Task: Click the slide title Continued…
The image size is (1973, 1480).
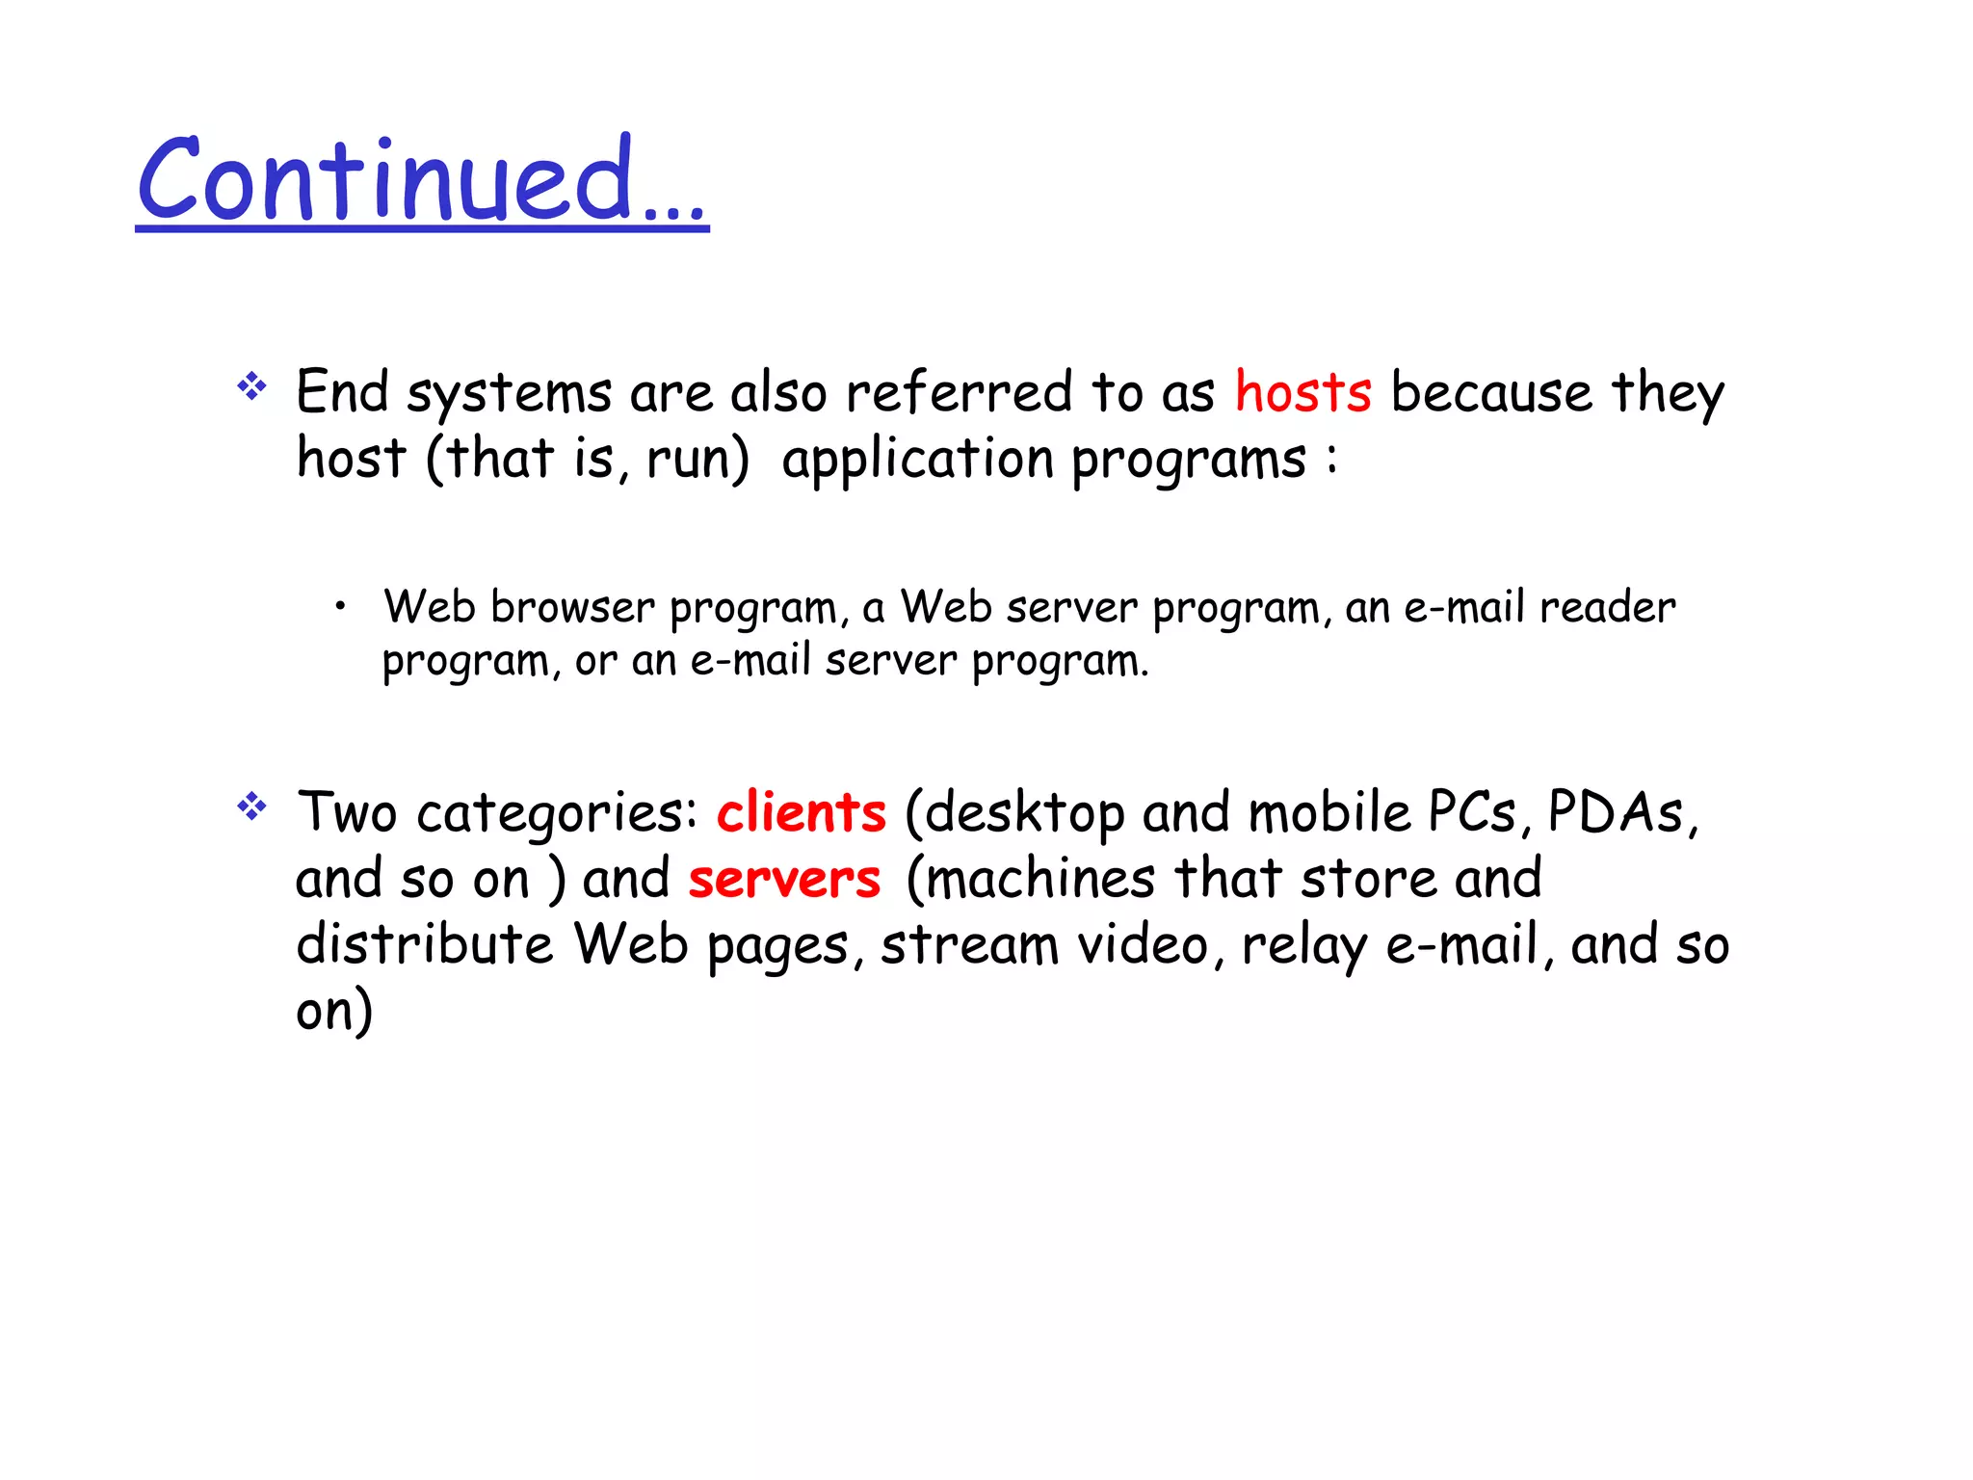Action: pos(422,180)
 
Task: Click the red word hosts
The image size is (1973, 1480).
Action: pos(1302,393)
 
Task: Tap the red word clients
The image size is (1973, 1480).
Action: pos(801,812)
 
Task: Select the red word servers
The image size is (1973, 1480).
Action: pos(784,879)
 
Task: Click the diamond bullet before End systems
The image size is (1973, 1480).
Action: pos(251,386)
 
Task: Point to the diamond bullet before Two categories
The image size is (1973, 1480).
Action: pos(251,806)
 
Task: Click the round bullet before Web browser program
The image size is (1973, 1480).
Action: pos(340,607)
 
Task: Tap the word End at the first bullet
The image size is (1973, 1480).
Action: pos(342,393)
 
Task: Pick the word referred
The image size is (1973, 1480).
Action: pos(959,393)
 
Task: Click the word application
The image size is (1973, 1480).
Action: pos(917,460)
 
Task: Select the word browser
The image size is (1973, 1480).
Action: pos(572,608)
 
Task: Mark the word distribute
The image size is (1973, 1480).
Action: pos(425,944)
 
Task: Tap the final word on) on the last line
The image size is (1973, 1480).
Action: pos(334,1012)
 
